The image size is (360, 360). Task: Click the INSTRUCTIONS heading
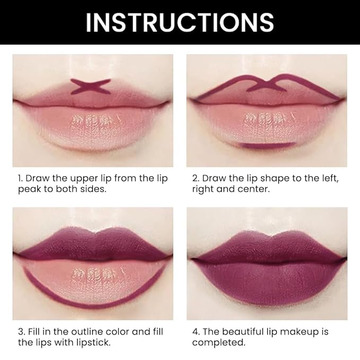click(180, 22)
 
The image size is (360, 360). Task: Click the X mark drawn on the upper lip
click(91, 86)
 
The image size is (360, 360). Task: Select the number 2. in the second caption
click(196, 178)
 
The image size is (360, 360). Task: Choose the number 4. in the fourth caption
click(196, 332)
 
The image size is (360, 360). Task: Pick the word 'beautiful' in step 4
click(249, 332)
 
